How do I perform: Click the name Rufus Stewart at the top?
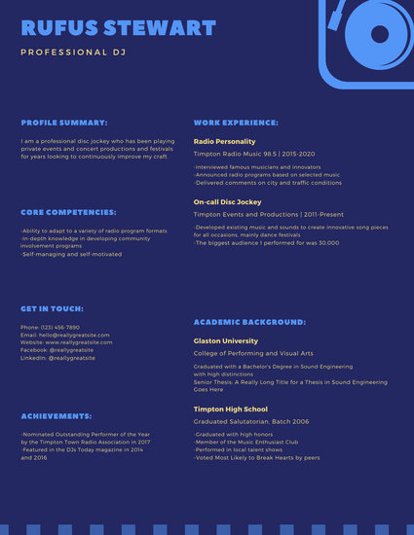(x=118, y=26)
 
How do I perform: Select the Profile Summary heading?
(x=64, y=124)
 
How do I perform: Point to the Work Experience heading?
(x=236, y=124)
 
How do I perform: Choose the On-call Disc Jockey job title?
(x=228, y=201)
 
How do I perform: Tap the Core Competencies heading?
(x=68, y=211)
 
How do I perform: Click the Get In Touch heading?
(x=55, y=308)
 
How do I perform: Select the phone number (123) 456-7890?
(x=50, y=328)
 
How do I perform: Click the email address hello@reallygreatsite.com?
(x=66, y=335)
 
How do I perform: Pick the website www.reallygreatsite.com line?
(x=66, y=342)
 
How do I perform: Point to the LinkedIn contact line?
(x=57, y=358)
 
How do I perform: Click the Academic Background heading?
(x=249, y=321)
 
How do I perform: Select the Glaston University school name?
(x=226, y=341)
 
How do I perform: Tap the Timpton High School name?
(x=230, y=410)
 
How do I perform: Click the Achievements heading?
(x=56, y=414)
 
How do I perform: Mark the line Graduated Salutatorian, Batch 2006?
(x=251, y=421)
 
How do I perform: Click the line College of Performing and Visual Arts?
(x=252, y=353)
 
